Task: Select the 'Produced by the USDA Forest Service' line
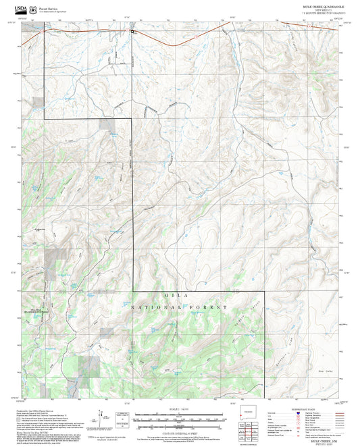pos(39,410)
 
